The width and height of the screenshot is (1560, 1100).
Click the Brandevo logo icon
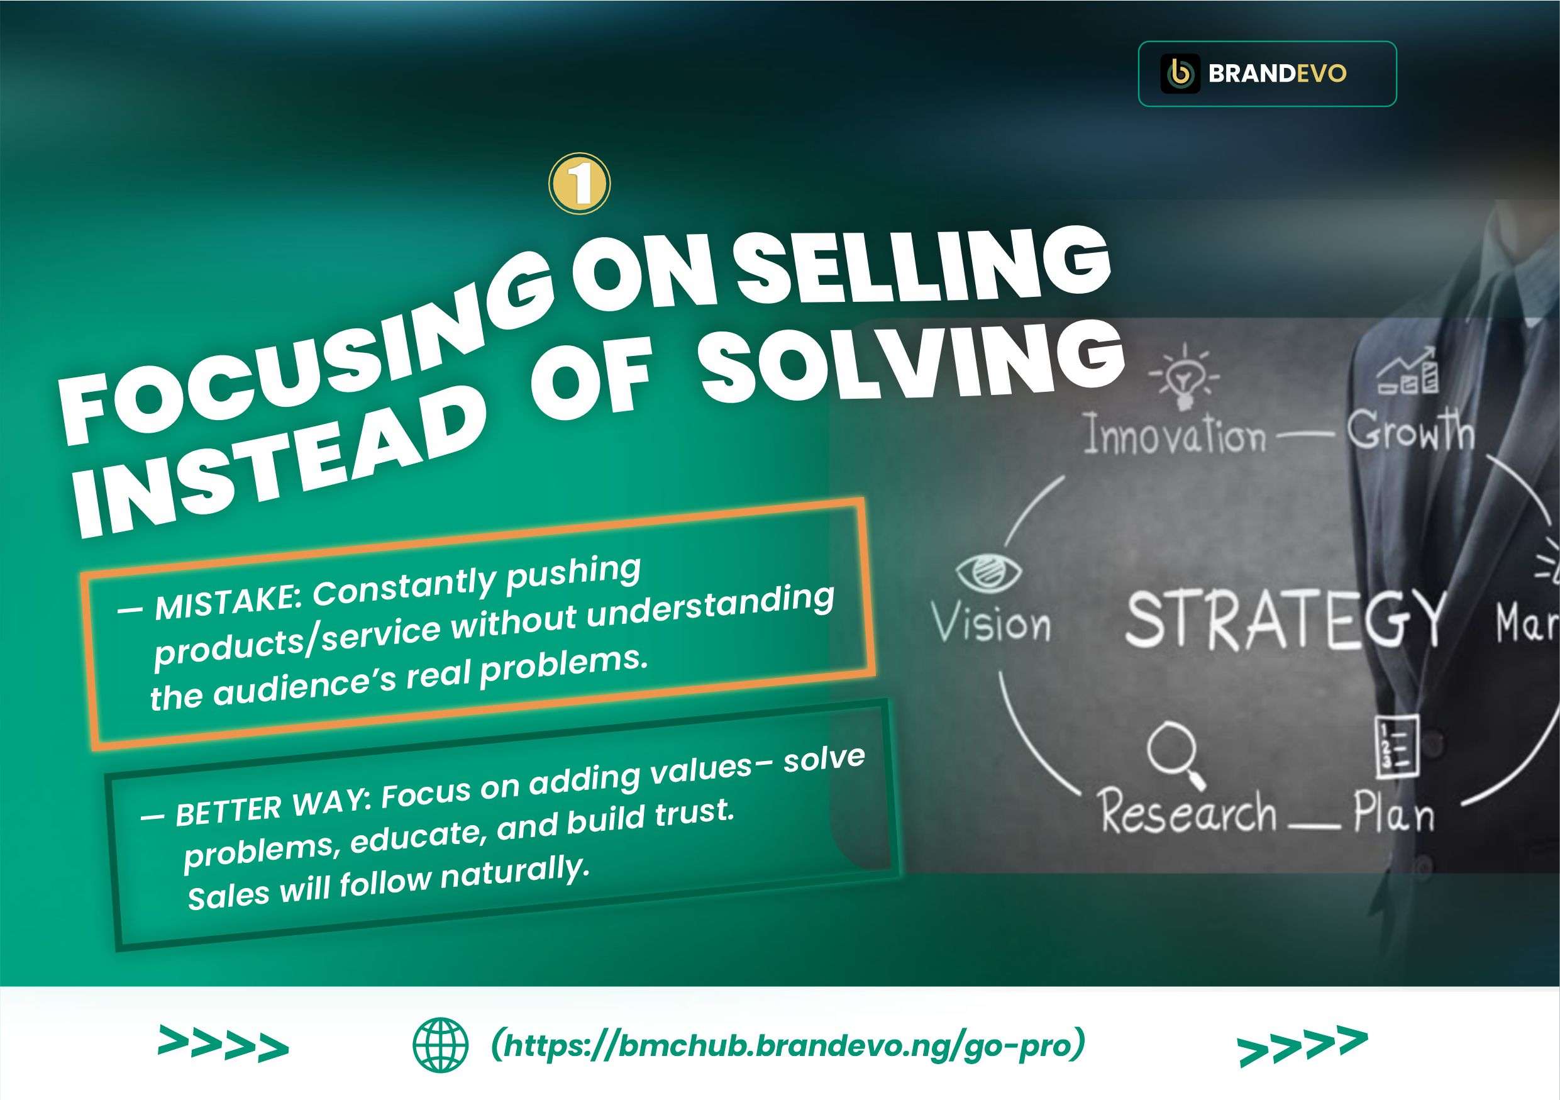pos(1180,74)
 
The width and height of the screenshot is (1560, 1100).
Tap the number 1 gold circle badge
pos(580,184)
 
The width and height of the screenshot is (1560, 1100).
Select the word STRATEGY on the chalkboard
pos(1284,619)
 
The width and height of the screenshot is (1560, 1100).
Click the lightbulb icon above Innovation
pos(1183,378)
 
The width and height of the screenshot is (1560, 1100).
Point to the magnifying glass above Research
pos(1175,755)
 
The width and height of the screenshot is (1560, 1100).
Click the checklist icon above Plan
pos(1397,747)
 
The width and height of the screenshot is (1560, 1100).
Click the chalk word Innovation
pos(1175,435)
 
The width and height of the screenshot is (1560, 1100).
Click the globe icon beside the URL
pos(440,1045)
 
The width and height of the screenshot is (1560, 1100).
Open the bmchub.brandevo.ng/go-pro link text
pos(787,1045)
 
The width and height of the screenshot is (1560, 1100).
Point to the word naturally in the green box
pos(514,873)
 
